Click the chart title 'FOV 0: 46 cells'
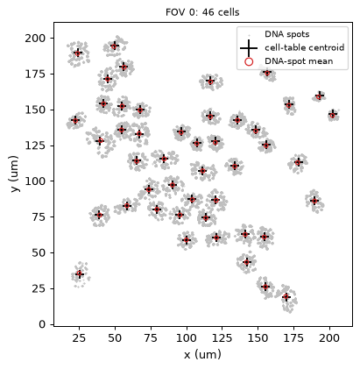coord(202,12)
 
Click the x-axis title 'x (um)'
coord(202,355)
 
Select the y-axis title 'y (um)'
coord(14,174)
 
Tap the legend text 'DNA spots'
coord(286,34)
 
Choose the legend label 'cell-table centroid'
coord(305,47)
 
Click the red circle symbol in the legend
coord(249,61)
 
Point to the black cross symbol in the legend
coord(249,48)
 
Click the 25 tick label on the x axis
coord(79,337)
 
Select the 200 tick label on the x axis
coord(329,337)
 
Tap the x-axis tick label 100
coord(187,337)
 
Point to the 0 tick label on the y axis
coord(43,324)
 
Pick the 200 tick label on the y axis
coord(35,39)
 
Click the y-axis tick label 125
coord(35,145)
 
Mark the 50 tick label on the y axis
coord(39,252)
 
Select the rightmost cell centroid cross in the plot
coord(333,114)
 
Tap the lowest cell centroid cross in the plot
coord(286,297)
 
